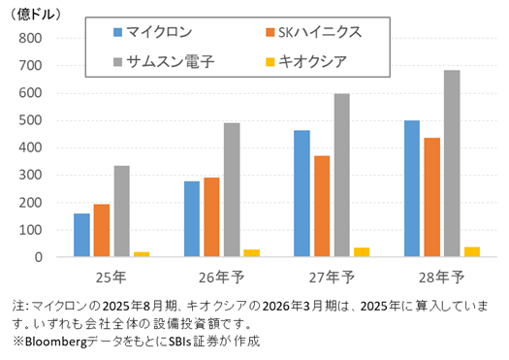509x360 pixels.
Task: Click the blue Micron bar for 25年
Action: (x=81, y=235)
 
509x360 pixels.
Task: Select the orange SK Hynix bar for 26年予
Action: (x=211, y=217)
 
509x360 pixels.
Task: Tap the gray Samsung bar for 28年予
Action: (x=452, y=163)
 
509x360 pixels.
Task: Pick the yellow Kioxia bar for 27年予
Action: (x=362, y=252)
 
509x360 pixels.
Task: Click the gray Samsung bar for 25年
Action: (x=122, y=212)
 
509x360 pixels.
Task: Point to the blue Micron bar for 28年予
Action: (x=412, y=188)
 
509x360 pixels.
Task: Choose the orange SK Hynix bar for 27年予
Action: (x=322, y=207)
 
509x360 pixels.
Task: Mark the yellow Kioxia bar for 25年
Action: (x=142, y=254)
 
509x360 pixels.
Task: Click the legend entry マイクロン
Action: (x=152, y=32)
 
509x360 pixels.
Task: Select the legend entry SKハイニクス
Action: (x=313, y=32)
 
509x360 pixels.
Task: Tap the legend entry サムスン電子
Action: (x=164, y=61)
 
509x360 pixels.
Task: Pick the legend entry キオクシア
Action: (x=306, y=61)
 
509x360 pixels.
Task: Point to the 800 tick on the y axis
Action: (x=30, y=39)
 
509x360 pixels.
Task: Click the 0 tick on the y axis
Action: (x=39, y=257)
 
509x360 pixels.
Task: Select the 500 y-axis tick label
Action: (x=30, y=120)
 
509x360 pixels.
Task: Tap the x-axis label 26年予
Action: (x=221, y=278)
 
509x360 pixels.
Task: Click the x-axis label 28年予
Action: (x=441, y=278)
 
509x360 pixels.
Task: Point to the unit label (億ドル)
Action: (x=36, y=15)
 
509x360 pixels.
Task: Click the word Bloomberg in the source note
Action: (x=56, y=342)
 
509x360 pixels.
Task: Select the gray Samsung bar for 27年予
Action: (x=342, y=175)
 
